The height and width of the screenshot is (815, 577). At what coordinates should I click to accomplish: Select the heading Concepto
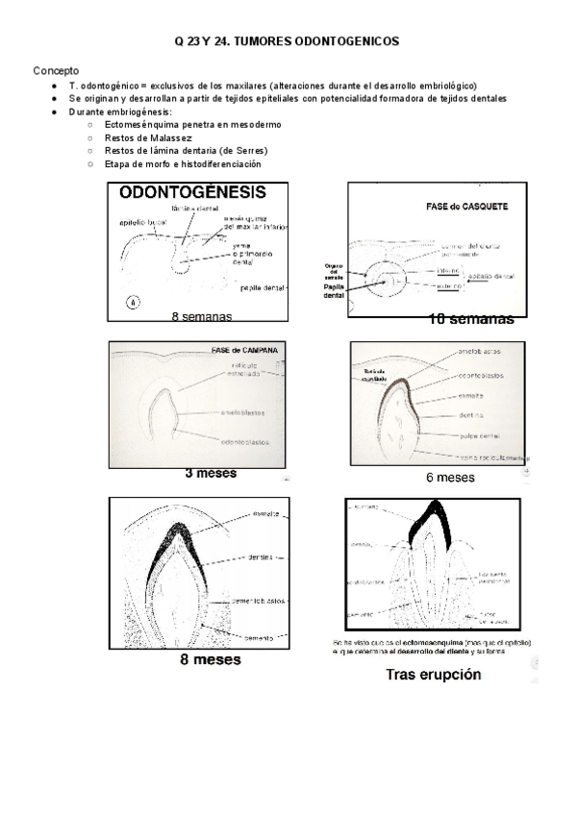57,71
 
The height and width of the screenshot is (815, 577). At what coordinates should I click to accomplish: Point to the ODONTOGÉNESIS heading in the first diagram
193,193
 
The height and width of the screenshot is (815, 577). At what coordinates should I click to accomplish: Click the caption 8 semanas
201,316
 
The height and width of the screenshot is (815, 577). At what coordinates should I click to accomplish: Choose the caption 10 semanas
471,319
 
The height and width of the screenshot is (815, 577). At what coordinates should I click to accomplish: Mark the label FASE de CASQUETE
467,207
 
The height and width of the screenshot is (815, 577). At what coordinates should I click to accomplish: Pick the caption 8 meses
210,660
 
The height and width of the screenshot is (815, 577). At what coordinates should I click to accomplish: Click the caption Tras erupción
433,675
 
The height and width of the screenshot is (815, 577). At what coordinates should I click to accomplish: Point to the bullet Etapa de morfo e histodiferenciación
183,163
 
